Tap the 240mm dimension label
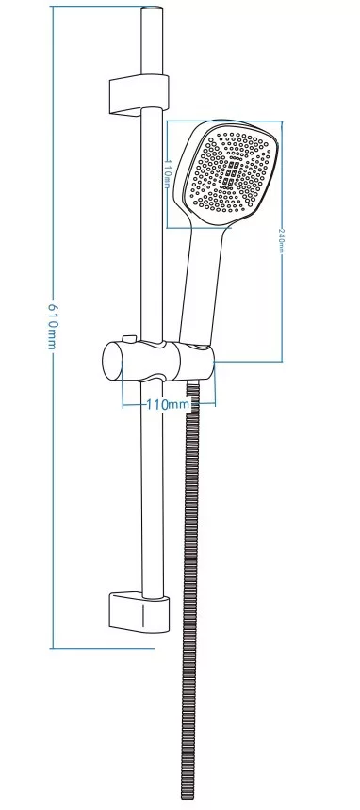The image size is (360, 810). click(281, 238)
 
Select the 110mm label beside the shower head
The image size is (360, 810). click(167, 174)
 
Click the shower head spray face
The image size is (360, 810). click(230, 172)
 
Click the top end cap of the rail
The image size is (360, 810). click(152, 8)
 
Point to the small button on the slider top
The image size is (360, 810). click(129, 339)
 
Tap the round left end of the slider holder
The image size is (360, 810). click(112, 361)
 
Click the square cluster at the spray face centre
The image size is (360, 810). click(231, 173)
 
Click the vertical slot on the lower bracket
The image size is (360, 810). click(142, 616)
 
